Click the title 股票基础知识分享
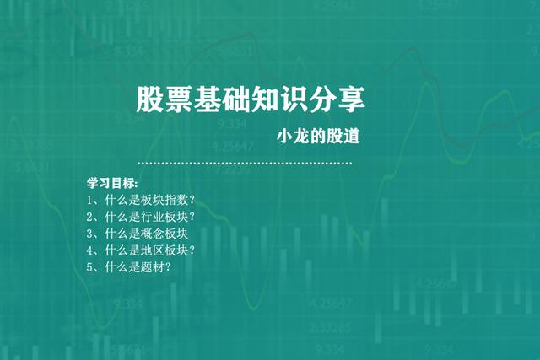pyautogui.click(x=251, y=100)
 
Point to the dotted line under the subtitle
pyautogui.click(x=245, y=163)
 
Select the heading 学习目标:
pyautogui.click(x=106, y=183)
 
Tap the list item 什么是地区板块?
pyautogui.click(x=141, y=250)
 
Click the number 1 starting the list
pyautogui.click(x=89, y=201)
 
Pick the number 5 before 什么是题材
pyautogui.click(x=89, y=268)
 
